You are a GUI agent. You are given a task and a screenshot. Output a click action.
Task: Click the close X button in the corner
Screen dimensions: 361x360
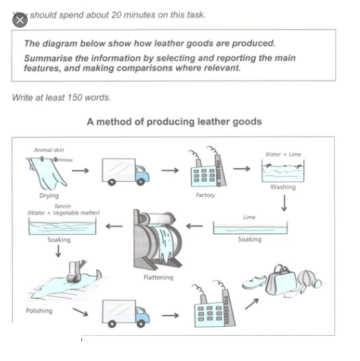click(19, 19)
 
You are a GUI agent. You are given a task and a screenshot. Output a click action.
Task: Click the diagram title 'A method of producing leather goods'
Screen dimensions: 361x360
click(174, 121)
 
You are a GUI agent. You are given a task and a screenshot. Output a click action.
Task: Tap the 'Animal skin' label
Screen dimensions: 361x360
click(49, 150)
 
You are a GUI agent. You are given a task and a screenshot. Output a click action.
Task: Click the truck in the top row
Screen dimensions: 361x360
click(125, 171)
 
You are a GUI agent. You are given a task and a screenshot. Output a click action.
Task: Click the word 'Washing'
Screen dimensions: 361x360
click(283, 187)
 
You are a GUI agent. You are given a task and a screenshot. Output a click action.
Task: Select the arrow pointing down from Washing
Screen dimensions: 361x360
click(283, 204)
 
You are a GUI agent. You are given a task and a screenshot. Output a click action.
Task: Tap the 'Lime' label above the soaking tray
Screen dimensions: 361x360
click(249, 217)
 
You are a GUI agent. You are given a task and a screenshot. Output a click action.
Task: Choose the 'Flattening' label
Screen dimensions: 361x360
click(158, 277)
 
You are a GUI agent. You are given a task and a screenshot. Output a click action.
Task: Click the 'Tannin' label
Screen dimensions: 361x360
click(63, 207)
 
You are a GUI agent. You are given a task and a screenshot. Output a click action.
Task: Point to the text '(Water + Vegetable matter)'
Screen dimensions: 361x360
click(63, 213)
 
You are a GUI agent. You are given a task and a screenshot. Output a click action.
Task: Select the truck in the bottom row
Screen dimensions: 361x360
click(125, 313)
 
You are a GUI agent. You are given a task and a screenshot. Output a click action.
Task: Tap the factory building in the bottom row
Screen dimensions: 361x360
click(214, 307)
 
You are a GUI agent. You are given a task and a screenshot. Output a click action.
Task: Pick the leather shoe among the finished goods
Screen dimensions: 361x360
click(253, 283)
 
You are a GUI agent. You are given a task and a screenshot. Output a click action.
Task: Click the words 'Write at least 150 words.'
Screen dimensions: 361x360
click(61, 97)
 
